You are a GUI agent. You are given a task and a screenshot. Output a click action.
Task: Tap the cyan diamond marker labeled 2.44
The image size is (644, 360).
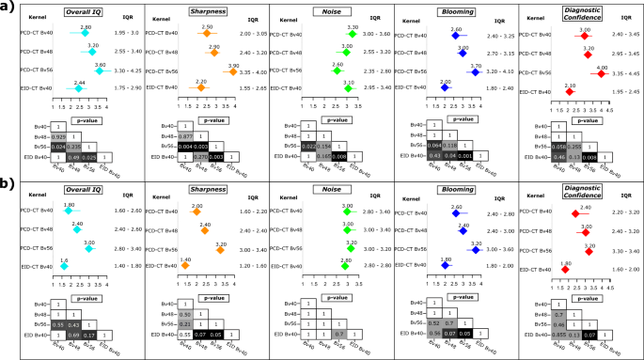pyautogui.click(x=66, y=89)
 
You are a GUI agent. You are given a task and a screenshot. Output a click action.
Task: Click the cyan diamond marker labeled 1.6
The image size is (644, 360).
pyautogui.click(x=62, y=266)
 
